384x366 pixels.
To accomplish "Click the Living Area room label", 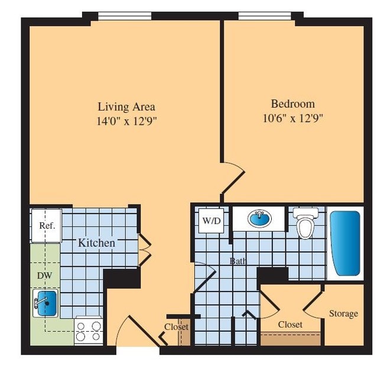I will pos(126,107).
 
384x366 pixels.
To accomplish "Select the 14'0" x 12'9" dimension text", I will pos(126,121).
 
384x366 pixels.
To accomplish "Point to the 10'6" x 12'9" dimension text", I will pos(292,117).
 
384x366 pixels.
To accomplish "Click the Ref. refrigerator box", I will pos(46,225).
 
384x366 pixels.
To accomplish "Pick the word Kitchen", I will pos(97,242).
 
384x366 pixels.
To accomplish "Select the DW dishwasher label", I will pos(44,276).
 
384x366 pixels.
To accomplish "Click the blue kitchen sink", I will pos(45,302).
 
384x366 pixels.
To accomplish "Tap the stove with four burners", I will pos(88,332).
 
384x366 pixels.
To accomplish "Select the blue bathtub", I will pos(344,243).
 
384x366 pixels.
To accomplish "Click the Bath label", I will pos(239,260).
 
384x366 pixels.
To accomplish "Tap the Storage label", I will pos(343,313).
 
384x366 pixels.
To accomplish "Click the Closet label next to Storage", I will pos(290,325).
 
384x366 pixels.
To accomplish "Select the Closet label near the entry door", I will pos(176,327).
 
